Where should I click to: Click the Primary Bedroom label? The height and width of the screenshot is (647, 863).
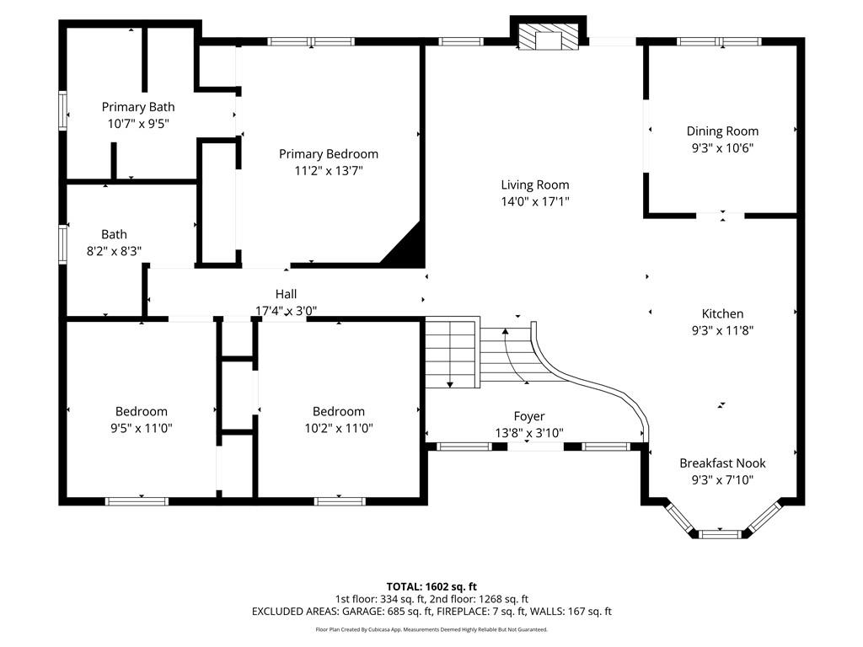[329, 154]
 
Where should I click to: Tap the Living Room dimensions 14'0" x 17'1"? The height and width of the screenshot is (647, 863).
[534, 201]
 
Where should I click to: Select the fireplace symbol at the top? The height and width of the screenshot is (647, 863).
[549, 38]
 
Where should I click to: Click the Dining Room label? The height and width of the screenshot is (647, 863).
[722, 131]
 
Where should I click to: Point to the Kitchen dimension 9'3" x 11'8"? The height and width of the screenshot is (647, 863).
[722, 330]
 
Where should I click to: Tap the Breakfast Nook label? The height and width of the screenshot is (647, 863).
[722, 463]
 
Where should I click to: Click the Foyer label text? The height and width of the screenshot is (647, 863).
[529, 416]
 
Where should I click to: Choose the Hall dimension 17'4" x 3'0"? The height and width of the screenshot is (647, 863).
[287, 310]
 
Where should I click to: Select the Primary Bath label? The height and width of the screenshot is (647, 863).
[138, 107]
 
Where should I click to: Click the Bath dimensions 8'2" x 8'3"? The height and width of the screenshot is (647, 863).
[114, 250]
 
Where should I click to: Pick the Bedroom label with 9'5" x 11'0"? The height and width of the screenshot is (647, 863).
[142, 411]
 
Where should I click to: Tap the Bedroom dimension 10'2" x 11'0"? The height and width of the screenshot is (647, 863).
[339, 427]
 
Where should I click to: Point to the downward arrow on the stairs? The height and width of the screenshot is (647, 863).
[450, 383]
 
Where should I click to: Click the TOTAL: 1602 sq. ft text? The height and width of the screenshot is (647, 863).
[431, 586]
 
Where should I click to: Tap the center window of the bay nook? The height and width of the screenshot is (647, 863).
[721, 533]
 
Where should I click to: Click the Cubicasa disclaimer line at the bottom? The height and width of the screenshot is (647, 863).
[431, 629]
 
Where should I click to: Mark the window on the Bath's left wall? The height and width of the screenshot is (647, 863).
[62, 245]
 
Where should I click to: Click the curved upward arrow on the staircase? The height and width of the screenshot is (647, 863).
[507, 332]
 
